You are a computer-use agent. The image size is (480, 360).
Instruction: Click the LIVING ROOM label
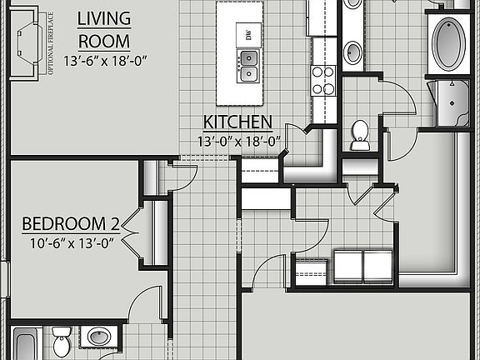(104, 29)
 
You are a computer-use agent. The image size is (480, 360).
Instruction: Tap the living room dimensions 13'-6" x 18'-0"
(104, 60)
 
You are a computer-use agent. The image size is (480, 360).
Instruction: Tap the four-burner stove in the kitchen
(322, 79)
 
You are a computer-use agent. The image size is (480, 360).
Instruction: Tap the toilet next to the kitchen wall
(360, 135)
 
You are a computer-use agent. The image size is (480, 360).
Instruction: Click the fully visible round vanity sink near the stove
(353, 52)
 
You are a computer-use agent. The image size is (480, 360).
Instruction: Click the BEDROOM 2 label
(71, 223)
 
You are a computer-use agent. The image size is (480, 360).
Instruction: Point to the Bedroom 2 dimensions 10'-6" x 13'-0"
(71, 242)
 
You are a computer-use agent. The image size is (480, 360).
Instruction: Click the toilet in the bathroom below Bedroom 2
(62, 342)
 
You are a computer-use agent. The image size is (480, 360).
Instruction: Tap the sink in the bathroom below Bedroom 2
(99, 338)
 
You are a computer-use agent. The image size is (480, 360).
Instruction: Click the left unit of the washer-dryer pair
(347, 266)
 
